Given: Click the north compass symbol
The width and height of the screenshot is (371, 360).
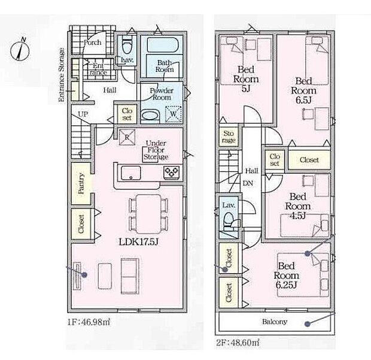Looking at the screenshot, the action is click(20, 50).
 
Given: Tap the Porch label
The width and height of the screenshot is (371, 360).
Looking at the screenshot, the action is click(92, 43).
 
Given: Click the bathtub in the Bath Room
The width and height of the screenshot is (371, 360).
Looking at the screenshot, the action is click(163, 44).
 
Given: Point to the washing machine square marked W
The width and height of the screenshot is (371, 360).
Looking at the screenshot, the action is click(174, 114).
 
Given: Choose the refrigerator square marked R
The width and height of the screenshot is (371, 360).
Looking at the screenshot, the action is click(127, 137).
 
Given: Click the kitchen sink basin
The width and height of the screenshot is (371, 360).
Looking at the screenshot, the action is click(131, 173).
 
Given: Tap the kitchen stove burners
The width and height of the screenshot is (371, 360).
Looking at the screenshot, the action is click(172, 172).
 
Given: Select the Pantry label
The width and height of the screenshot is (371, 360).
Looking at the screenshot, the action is click(81, 183).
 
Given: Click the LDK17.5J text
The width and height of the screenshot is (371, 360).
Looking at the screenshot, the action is click(138, 242).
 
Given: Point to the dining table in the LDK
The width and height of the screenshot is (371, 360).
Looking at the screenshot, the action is click(148, 214).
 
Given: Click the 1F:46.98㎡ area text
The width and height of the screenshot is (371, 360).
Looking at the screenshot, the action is click(89, 322).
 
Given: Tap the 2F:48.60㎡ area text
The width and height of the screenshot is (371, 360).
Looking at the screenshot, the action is click(238, 343).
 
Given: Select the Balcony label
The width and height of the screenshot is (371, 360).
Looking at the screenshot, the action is click(275, 322).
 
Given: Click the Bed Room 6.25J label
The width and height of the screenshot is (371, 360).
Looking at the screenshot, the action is click(286, 276).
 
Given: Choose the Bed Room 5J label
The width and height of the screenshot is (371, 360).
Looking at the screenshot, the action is click(246, 79).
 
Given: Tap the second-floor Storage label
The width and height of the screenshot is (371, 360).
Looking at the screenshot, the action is click(229, 137).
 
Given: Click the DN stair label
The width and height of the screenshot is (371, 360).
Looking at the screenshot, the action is click(248, 183).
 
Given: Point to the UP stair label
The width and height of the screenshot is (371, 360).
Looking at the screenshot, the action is click(83, 114).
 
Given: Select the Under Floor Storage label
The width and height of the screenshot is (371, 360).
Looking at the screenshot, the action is click(156, 150).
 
